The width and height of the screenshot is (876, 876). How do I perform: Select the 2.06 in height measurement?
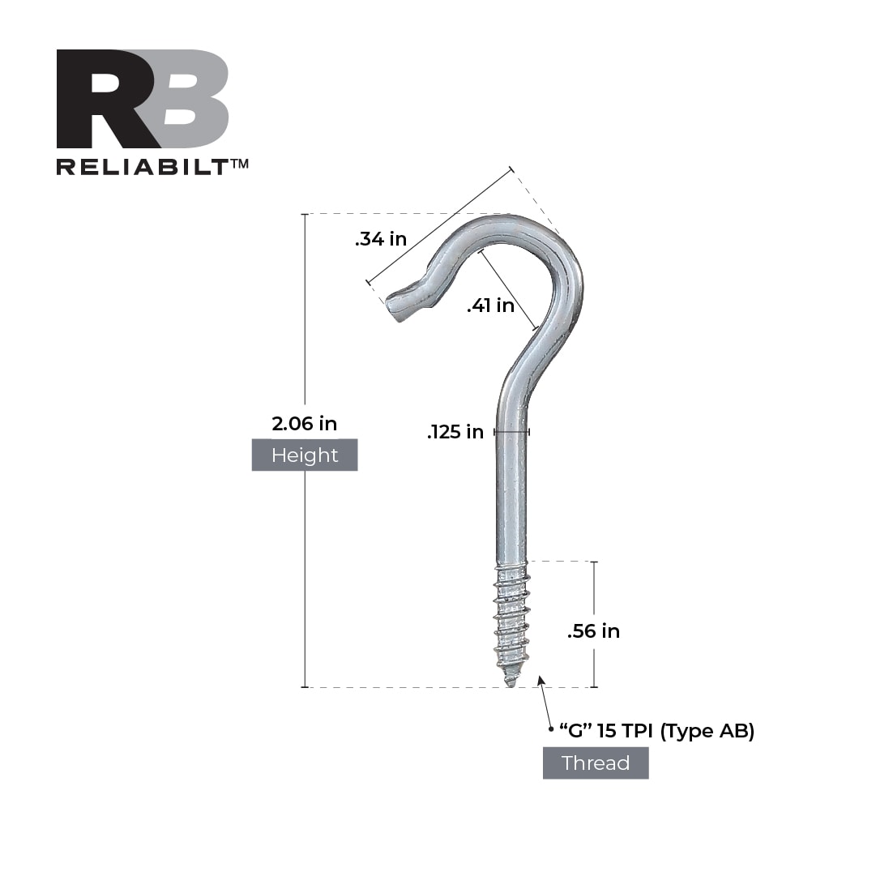click(304, 423)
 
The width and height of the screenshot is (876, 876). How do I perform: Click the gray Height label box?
click(304, 455)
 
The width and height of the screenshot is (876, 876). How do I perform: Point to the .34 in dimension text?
click(380, 240)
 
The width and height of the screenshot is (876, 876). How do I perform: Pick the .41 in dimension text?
click(490, 306)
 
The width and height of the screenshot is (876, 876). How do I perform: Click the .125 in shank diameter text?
click(455, 432)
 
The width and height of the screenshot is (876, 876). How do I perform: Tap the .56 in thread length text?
click(593, 631)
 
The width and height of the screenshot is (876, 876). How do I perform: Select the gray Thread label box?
click(596, 763)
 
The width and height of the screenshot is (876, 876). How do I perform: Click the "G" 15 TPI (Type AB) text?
click(656, 731)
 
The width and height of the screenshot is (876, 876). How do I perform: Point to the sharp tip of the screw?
click(511, 682)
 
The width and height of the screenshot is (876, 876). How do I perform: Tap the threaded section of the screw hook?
click(511, 620)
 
